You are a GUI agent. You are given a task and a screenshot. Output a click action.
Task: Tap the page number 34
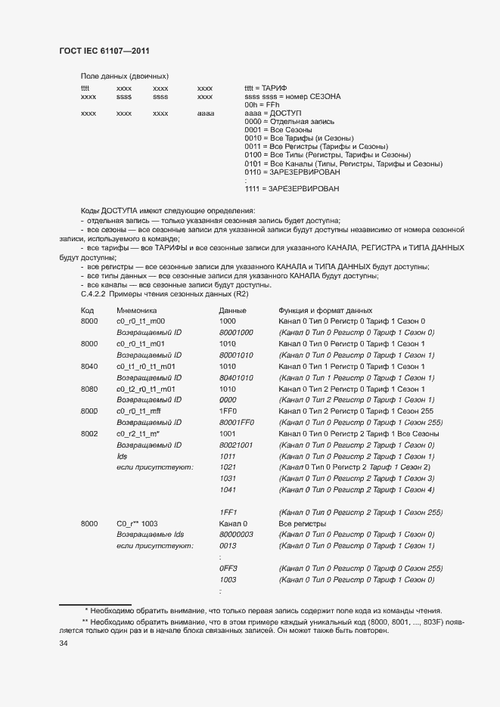(x=64, y=643)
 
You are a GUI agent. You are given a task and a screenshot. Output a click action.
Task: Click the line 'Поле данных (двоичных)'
(x=124, y=76)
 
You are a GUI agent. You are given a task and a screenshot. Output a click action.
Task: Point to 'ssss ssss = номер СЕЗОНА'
(x=292, y=97)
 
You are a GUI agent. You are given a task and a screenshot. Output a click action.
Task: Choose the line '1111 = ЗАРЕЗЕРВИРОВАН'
(x=291, y=188)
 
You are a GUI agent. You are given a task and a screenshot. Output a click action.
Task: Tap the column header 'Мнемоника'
(x=136, y=310)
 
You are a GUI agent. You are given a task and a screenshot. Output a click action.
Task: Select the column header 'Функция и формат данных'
(x=325, y=310)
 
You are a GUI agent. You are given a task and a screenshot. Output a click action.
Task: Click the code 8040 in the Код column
(x=89, y=366)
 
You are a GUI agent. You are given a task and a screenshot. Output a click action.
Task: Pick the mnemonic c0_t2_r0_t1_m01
(x=145, y=389)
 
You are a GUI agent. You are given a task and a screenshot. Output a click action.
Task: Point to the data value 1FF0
(x=228, y=411)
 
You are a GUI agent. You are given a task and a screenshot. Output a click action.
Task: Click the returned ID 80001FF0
(x=235, y=422)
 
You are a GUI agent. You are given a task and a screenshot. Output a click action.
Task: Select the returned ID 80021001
(x=235, y=445)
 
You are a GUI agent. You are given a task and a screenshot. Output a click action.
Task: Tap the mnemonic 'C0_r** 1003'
(x=137, y=523)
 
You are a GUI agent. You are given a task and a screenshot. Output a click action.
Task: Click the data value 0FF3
(x=228, y=568)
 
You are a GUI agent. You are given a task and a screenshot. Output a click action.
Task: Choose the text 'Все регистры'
(x=302, y=523)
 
